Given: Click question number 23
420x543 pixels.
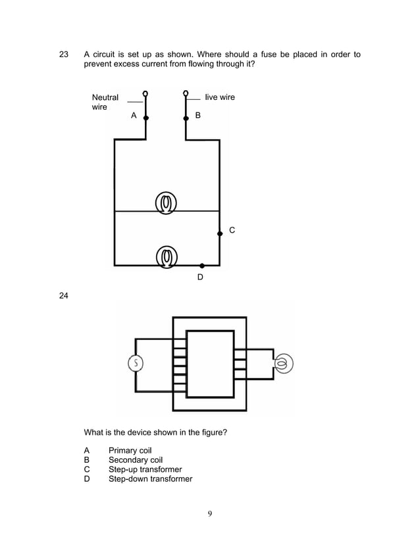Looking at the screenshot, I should tap(64, 55).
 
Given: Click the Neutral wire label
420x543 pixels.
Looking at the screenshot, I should tap(105, 102).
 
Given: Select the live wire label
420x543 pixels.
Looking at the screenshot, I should tap(219, 97).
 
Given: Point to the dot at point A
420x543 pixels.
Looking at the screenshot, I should tap(145, 118).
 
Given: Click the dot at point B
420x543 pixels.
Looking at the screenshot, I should tap(186, 118).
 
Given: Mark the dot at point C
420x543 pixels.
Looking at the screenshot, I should tap(220, 233).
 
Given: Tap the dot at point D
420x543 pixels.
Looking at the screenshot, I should tap(201, 266).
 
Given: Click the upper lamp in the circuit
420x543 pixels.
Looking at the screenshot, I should tap(167, 203).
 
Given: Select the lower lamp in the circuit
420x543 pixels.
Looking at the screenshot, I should tap(167, 256).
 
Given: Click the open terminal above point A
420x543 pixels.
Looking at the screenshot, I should tap(145, 93).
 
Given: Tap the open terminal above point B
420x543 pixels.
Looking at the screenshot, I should tap(186, 93).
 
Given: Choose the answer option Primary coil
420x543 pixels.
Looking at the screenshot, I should tap(130, 451).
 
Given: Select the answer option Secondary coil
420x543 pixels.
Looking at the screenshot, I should tap(136, 460).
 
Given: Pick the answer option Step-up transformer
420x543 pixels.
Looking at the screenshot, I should tap(145, 469).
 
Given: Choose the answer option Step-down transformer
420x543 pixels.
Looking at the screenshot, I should tap(150, 479).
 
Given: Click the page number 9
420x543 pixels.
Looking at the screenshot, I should tap(209, 514).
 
